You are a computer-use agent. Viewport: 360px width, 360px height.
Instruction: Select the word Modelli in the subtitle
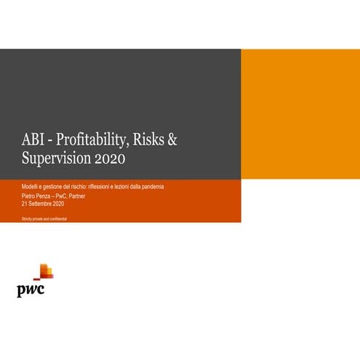31,187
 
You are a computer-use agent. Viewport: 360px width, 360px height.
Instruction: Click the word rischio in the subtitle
79,187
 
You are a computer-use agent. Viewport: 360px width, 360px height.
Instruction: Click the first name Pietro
28,196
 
